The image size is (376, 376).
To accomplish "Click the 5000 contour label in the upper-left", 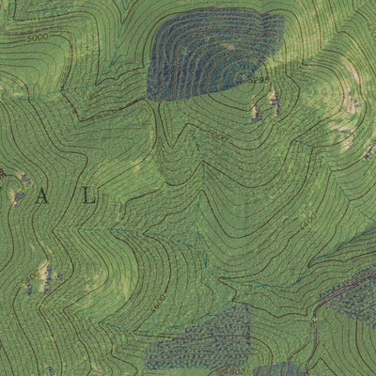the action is coord(37,37).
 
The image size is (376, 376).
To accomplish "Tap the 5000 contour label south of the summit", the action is coord(218,138).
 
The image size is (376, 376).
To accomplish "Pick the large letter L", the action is coord(89,196).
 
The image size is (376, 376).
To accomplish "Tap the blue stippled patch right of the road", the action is coord(352,296).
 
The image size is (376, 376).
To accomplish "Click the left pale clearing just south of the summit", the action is coord(256,112).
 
